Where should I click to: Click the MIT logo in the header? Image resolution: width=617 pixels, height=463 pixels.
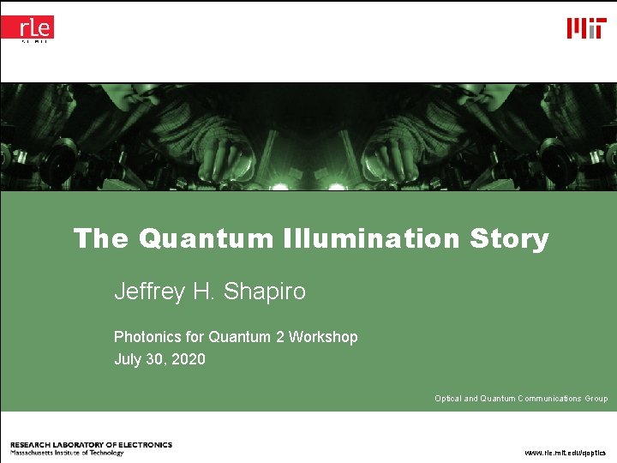click(x=586, y=28)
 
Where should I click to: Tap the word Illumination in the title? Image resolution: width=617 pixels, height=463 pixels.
click(x=372, y=238)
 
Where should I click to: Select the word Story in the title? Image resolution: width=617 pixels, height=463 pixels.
click(x=509, y=238)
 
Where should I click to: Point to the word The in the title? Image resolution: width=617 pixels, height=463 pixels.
click(x=100, y=238)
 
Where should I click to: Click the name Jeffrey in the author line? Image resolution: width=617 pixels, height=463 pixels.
click(x=149, y=292)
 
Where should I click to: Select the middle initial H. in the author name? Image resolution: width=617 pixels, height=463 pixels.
click(x=203, y=292)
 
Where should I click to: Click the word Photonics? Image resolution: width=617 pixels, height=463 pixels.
click(x=147, y=337)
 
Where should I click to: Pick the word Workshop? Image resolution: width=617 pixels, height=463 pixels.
click(x=323, y=337)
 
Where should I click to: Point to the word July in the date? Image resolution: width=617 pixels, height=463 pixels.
click(x=128, y=359)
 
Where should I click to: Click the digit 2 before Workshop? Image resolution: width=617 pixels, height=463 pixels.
click(x=279, y=337)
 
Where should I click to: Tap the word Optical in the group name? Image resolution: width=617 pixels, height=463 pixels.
click(x=447, y=399)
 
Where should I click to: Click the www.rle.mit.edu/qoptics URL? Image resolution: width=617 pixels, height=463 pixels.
click(x=565, y=452)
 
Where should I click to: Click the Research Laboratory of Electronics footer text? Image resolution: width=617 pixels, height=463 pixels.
click(x=91, y=445)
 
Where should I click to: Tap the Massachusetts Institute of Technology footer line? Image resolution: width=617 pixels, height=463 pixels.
click(x=67, y=453)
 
